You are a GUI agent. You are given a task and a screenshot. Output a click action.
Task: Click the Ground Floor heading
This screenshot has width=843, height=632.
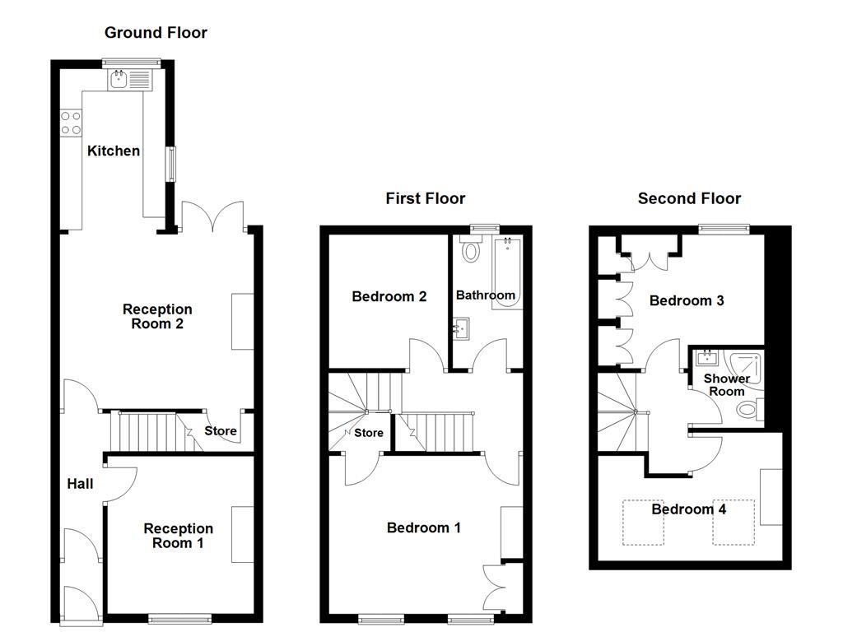pos(156,33)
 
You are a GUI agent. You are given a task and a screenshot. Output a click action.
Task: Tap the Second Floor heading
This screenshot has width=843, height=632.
pos(689,198)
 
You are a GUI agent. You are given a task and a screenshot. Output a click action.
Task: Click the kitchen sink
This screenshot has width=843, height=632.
pos(119,80)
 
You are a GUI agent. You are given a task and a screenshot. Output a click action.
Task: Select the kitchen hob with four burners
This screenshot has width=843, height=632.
pos(71,123)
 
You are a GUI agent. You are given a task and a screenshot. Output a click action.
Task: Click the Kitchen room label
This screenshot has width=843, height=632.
pos(114,151)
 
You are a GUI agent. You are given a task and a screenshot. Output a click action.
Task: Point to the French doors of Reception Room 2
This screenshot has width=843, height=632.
pos(212,216)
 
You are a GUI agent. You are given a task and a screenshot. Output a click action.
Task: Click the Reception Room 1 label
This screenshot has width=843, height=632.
pos(178,536)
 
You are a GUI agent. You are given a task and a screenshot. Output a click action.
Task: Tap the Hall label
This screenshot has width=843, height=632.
pos(80,484)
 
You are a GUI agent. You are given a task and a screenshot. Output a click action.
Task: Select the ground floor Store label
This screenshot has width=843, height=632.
pos(220,430)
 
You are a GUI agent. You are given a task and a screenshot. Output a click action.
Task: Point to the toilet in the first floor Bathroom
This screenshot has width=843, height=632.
pos(471,249)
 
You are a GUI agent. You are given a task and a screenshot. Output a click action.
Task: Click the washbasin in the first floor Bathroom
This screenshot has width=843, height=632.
pos(461,330)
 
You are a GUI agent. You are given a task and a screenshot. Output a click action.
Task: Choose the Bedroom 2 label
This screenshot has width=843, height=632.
pos(389,296)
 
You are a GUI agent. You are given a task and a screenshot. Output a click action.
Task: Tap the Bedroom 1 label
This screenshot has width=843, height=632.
pos(423,527)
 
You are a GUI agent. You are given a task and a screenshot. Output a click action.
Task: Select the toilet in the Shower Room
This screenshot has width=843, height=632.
pos(749,409)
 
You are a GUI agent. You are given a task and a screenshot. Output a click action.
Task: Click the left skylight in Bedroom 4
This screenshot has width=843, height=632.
pos(643,523)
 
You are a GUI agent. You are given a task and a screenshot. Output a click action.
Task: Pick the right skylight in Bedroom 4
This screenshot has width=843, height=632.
pos(734,523)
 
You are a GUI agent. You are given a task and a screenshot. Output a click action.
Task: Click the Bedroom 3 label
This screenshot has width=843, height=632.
pos(687,300)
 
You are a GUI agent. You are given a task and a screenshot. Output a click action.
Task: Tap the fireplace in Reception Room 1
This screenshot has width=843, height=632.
pos(243,535)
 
